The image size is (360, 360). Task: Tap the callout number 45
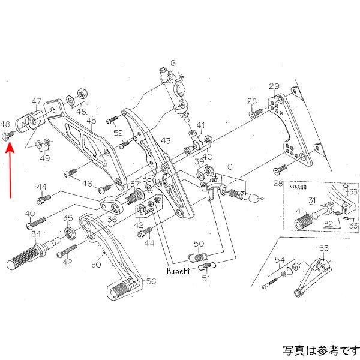(x=91, y=121)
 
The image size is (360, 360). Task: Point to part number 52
(x=118, y=133)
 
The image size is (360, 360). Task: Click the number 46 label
(x=88, y=184)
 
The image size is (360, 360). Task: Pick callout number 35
(x=68, y=218)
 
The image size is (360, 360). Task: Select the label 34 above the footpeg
(x=37, y=234)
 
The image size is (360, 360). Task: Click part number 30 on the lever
(x=97, y=265)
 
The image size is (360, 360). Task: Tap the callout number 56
(x=150, y=281)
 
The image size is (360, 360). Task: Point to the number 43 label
(x=165, y=141)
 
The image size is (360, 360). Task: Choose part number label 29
(x=274, y=86)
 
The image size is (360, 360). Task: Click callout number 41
(x=200, y=126)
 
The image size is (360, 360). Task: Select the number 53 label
(x=324, y=248)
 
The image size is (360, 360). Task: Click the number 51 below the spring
(x=206, y=278)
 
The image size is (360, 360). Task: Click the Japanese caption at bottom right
(x=320, y=349)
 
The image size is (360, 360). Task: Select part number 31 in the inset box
(x=312, y=200)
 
